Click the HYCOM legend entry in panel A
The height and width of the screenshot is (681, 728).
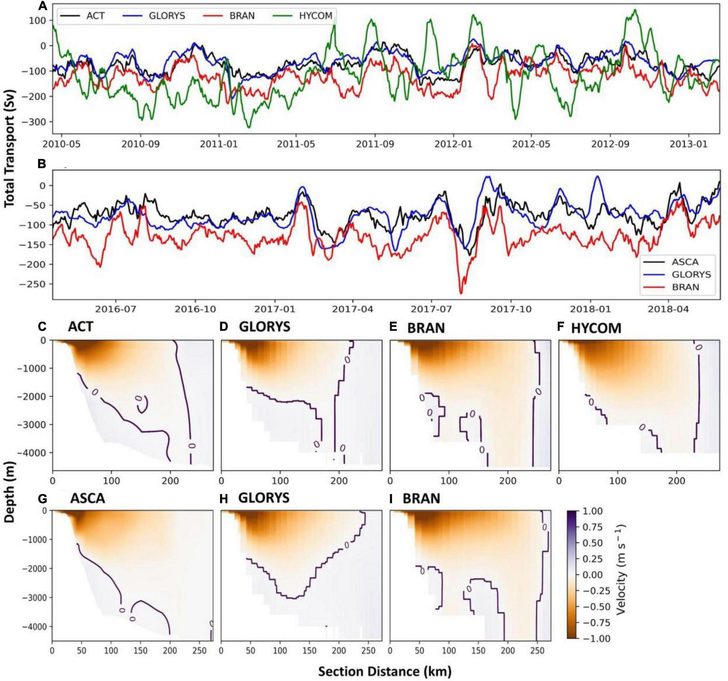(315, 16)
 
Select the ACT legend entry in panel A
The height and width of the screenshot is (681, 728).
(95, 16)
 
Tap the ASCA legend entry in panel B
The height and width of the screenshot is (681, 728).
(685, 262)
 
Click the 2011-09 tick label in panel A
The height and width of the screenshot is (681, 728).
(375, 144)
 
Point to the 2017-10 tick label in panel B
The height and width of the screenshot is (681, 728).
(511, 309)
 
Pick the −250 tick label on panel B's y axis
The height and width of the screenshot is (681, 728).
(32, 284)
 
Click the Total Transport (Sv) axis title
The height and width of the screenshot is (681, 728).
(9, 149)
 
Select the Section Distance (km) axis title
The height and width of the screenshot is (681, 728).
(385, 671)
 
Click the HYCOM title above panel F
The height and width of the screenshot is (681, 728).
(596, 328)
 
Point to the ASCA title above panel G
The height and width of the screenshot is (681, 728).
(88, 498)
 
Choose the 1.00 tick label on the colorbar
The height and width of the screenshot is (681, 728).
(592, 511)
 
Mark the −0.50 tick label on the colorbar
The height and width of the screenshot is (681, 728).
(590, 607)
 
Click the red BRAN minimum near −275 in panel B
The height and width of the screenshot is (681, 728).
(461, 293)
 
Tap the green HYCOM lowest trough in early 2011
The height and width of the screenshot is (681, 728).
(249, 127)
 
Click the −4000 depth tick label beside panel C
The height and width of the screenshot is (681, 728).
(32, 453)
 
